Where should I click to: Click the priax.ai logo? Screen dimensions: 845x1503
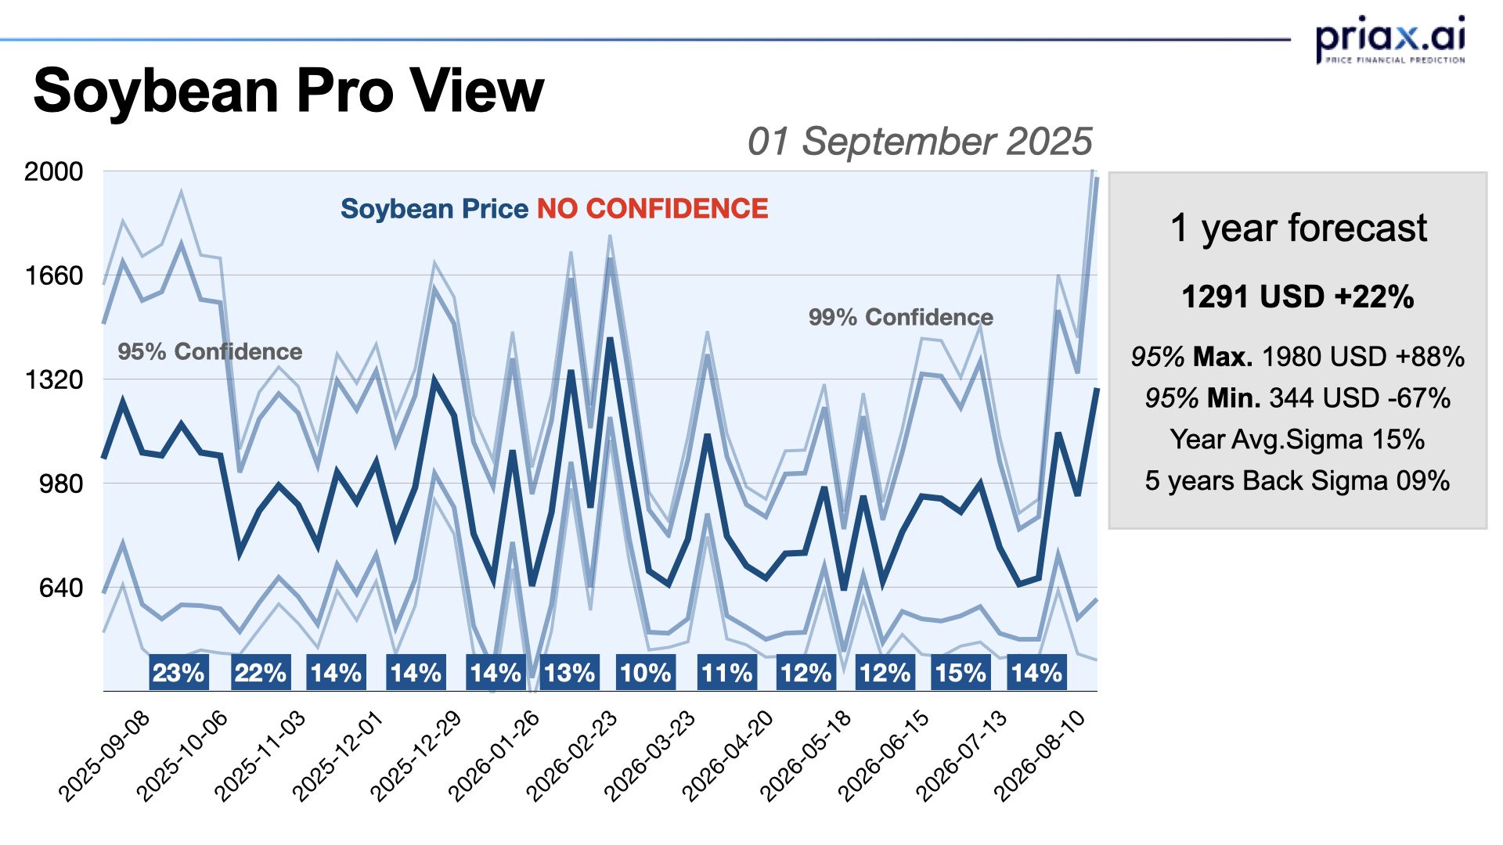[x=1389, y=39]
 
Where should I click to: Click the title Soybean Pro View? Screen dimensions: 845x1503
[x=288, y=91]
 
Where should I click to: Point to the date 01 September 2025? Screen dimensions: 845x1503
[x=919, y=142]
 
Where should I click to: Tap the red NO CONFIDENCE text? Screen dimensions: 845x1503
[x=652, y=209]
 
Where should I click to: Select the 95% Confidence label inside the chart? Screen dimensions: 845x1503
[x=210, y=351]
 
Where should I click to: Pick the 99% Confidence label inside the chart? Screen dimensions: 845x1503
[x=900, y=317]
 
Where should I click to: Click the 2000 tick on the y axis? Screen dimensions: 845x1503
[x=53, y=171]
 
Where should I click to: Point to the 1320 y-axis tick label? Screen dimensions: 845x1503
[x=53, y=380]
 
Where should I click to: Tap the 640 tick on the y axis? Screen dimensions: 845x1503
[x=60, y=588]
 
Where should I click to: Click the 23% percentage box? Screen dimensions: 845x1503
[x=178, y=673]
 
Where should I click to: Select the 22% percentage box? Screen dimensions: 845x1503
[x=260, y=673]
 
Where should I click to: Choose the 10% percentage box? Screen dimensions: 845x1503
[x=645, y=673]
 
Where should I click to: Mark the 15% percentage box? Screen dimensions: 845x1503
[x=960, y=673]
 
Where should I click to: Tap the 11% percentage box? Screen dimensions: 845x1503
[x=726, y=673]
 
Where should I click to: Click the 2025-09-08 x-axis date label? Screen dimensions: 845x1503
[x=105, y=756]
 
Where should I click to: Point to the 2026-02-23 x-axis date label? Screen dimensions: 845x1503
[x=572, y=756]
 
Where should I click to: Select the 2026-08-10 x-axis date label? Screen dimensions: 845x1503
[x=1040, y=756]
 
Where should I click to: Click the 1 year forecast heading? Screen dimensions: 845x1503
[x=1298, y=228]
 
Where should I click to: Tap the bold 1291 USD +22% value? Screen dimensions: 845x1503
[x=1297, y=297]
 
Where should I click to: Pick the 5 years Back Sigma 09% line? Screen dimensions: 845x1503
[x=1297, y=480]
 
